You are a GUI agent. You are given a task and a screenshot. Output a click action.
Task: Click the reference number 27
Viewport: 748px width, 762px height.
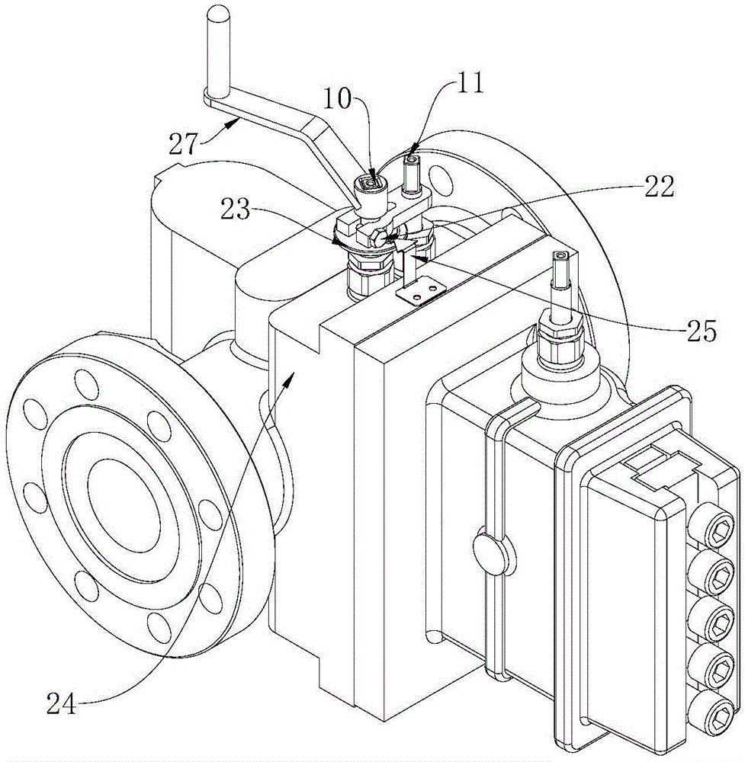point(184,143)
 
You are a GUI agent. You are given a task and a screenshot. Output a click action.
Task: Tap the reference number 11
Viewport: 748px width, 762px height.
point(470,83)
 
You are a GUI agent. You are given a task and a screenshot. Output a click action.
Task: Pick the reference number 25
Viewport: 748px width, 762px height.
point(701,332)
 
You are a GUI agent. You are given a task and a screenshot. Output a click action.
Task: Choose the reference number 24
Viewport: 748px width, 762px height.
point(62,703)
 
